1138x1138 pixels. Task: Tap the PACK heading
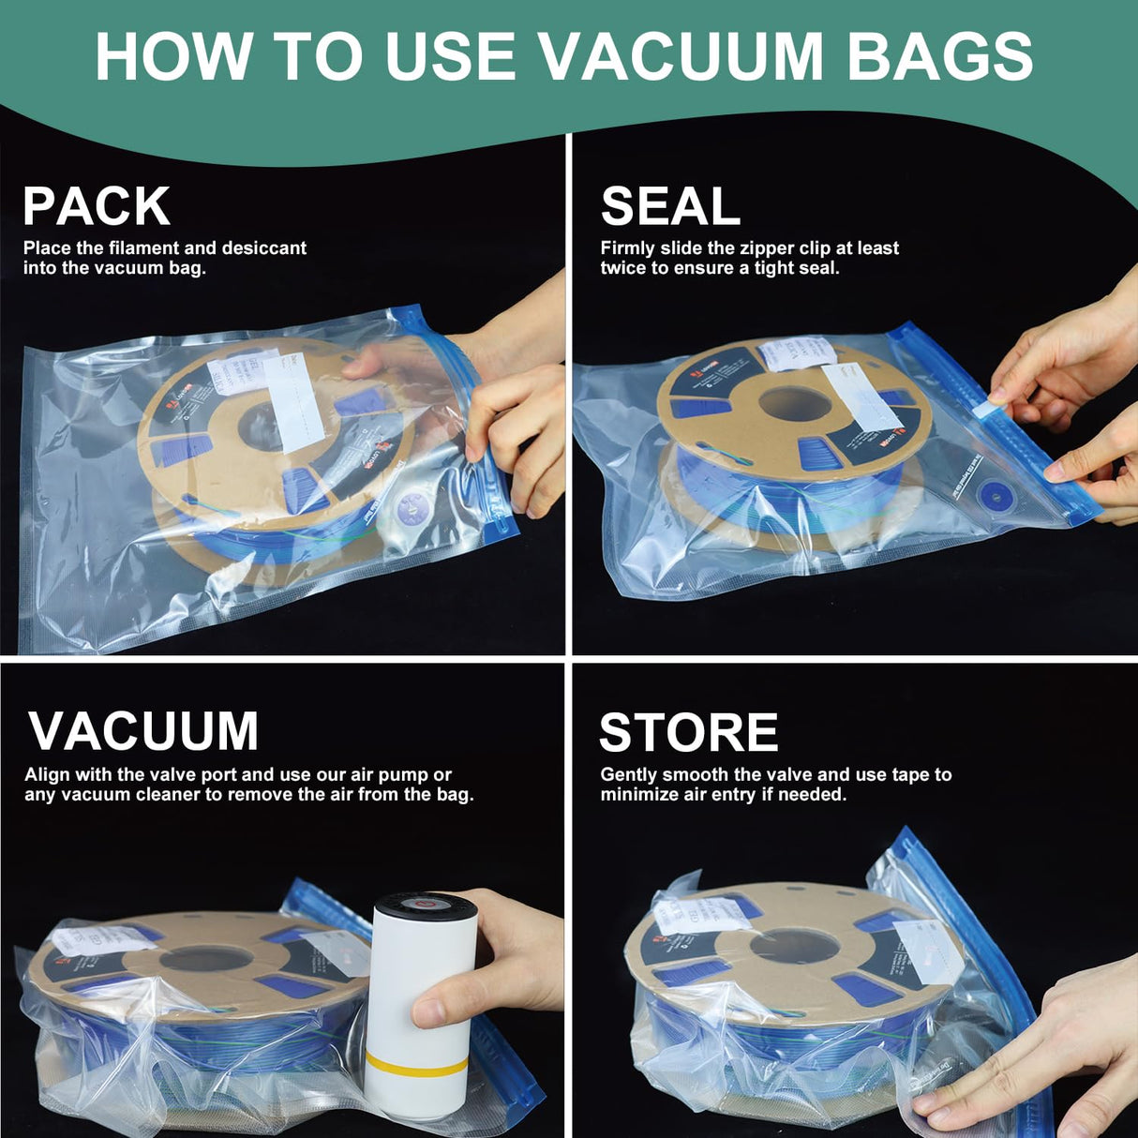(x=96, y=206)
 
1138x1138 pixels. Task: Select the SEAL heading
(x=670, y=206)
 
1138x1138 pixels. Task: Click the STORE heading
(x=688, y=732)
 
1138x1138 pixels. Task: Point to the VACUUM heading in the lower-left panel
(x=143, y=731)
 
